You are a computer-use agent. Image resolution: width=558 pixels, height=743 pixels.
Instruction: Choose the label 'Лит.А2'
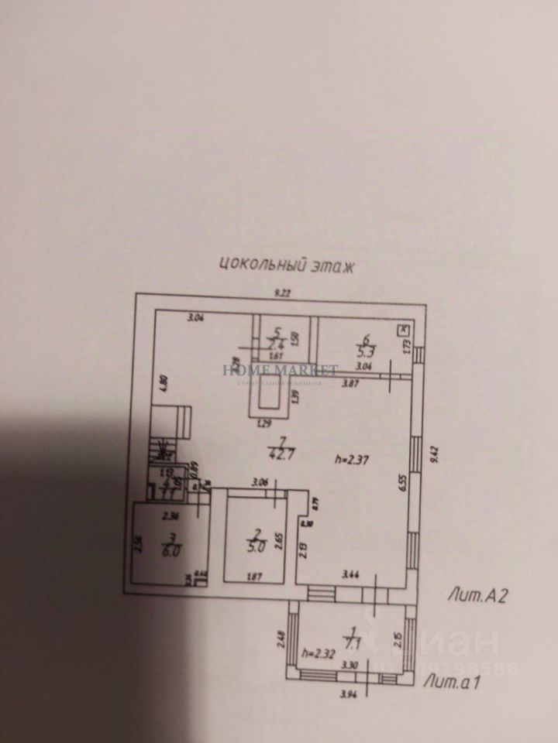pyautogui.click(x=477, y=595)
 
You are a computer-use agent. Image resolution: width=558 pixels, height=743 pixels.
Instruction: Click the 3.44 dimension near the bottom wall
pyautogui.click(x=352, y=575)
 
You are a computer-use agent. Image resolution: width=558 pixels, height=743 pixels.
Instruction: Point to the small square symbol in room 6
pyautogui.click(x=404, y=330)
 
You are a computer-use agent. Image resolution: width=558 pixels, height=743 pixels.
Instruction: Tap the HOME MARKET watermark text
pyautogui.click(x=280, y=371)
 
